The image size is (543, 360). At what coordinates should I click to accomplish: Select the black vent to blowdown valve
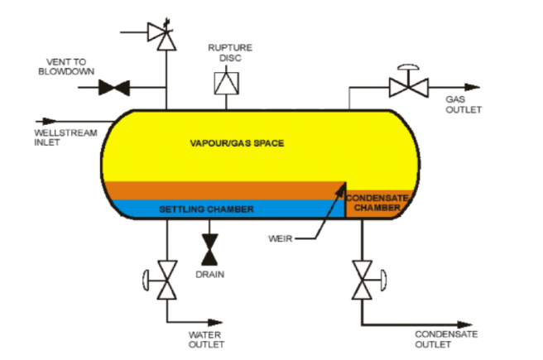pos(113,87)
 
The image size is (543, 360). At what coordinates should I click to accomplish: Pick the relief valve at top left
pos(161,32)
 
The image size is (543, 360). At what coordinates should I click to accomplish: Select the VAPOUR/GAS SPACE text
pos(237,143)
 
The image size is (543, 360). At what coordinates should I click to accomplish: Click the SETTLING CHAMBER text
pos(206,209)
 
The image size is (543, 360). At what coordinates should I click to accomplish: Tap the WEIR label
pos(280,238)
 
